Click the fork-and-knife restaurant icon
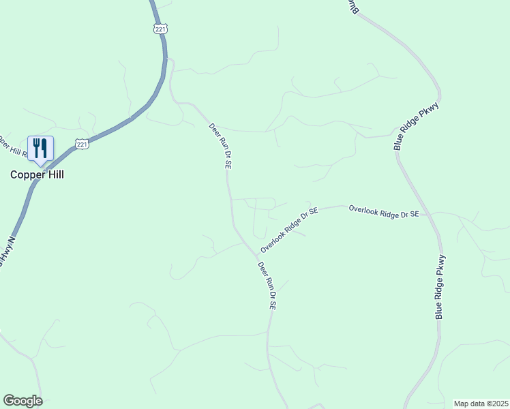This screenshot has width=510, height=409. click(40, 148)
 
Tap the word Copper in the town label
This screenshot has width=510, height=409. click(25, 175)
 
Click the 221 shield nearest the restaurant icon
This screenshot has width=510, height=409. click(82, 145)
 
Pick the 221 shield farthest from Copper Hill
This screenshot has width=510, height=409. click(160, 29)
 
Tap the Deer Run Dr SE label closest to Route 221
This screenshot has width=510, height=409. click(220, 146)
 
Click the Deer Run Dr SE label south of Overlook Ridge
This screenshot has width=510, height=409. click(267, 286)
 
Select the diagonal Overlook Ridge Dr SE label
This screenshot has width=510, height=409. click(290, 231)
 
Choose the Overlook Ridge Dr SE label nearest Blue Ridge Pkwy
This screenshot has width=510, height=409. click(383, 211)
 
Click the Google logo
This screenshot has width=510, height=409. click(22, 401)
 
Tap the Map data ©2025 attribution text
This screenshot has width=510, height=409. click(480, 404)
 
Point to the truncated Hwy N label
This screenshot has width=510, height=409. click(5, 250)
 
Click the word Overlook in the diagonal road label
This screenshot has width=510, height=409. click(275, 242)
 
